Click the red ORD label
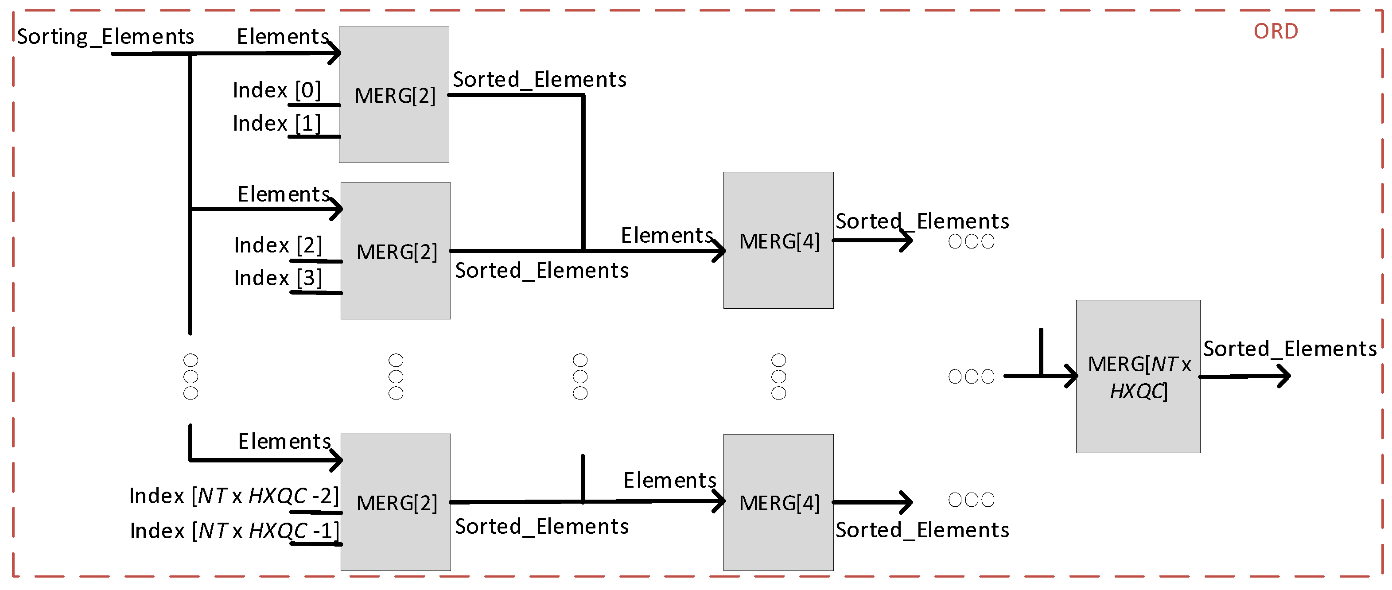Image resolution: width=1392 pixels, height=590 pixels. (x=1275, y=31)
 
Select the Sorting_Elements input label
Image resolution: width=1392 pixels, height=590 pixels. (x=105, y=37)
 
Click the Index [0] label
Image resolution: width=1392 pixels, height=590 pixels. (x=276, y=90)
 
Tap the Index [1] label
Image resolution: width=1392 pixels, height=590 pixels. (x=276, y=124)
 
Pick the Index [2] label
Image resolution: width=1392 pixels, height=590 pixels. (x=278, y=245)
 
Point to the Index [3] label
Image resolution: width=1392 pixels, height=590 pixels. (x=278, y=278)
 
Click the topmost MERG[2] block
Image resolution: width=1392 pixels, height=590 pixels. (x=394, y=95)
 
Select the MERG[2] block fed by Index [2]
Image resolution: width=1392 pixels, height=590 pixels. (x=396, y=251)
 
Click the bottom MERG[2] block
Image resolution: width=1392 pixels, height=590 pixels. (x=396, y=502)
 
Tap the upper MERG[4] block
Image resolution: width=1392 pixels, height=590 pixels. (x=778, y=241)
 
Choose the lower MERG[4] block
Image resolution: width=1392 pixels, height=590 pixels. (x=778, y=502)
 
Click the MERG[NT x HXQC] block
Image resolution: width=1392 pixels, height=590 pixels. (x=1138, y=377)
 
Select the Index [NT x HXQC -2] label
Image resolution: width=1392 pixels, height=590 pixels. (x=233, y=496)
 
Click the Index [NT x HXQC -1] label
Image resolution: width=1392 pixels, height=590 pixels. (x=234, y=531)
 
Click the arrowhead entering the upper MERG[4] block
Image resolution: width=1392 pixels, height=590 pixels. (x=719, y=251)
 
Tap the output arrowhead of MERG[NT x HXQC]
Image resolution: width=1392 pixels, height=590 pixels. (x=1284, y=376)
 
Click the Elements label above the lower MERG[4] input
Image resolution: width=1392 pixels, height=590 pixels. (x=669, y=480)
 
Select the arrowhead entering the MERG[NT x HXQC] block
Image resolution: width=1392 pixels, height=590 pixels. (x=1072, y=376)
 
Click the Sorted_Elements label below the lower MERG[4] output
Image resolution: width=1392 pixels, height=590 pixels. (x=922, y=530)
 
